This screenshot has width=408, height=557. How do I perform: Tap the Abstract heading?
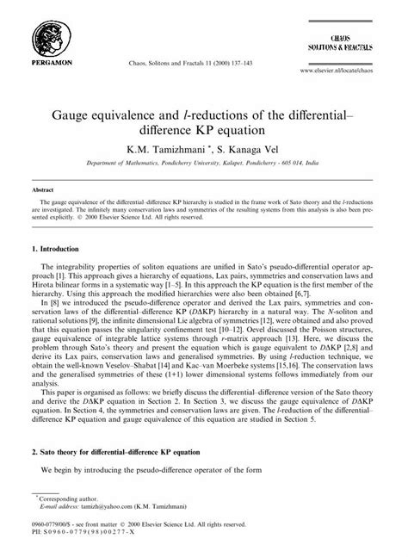point(41,189)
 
